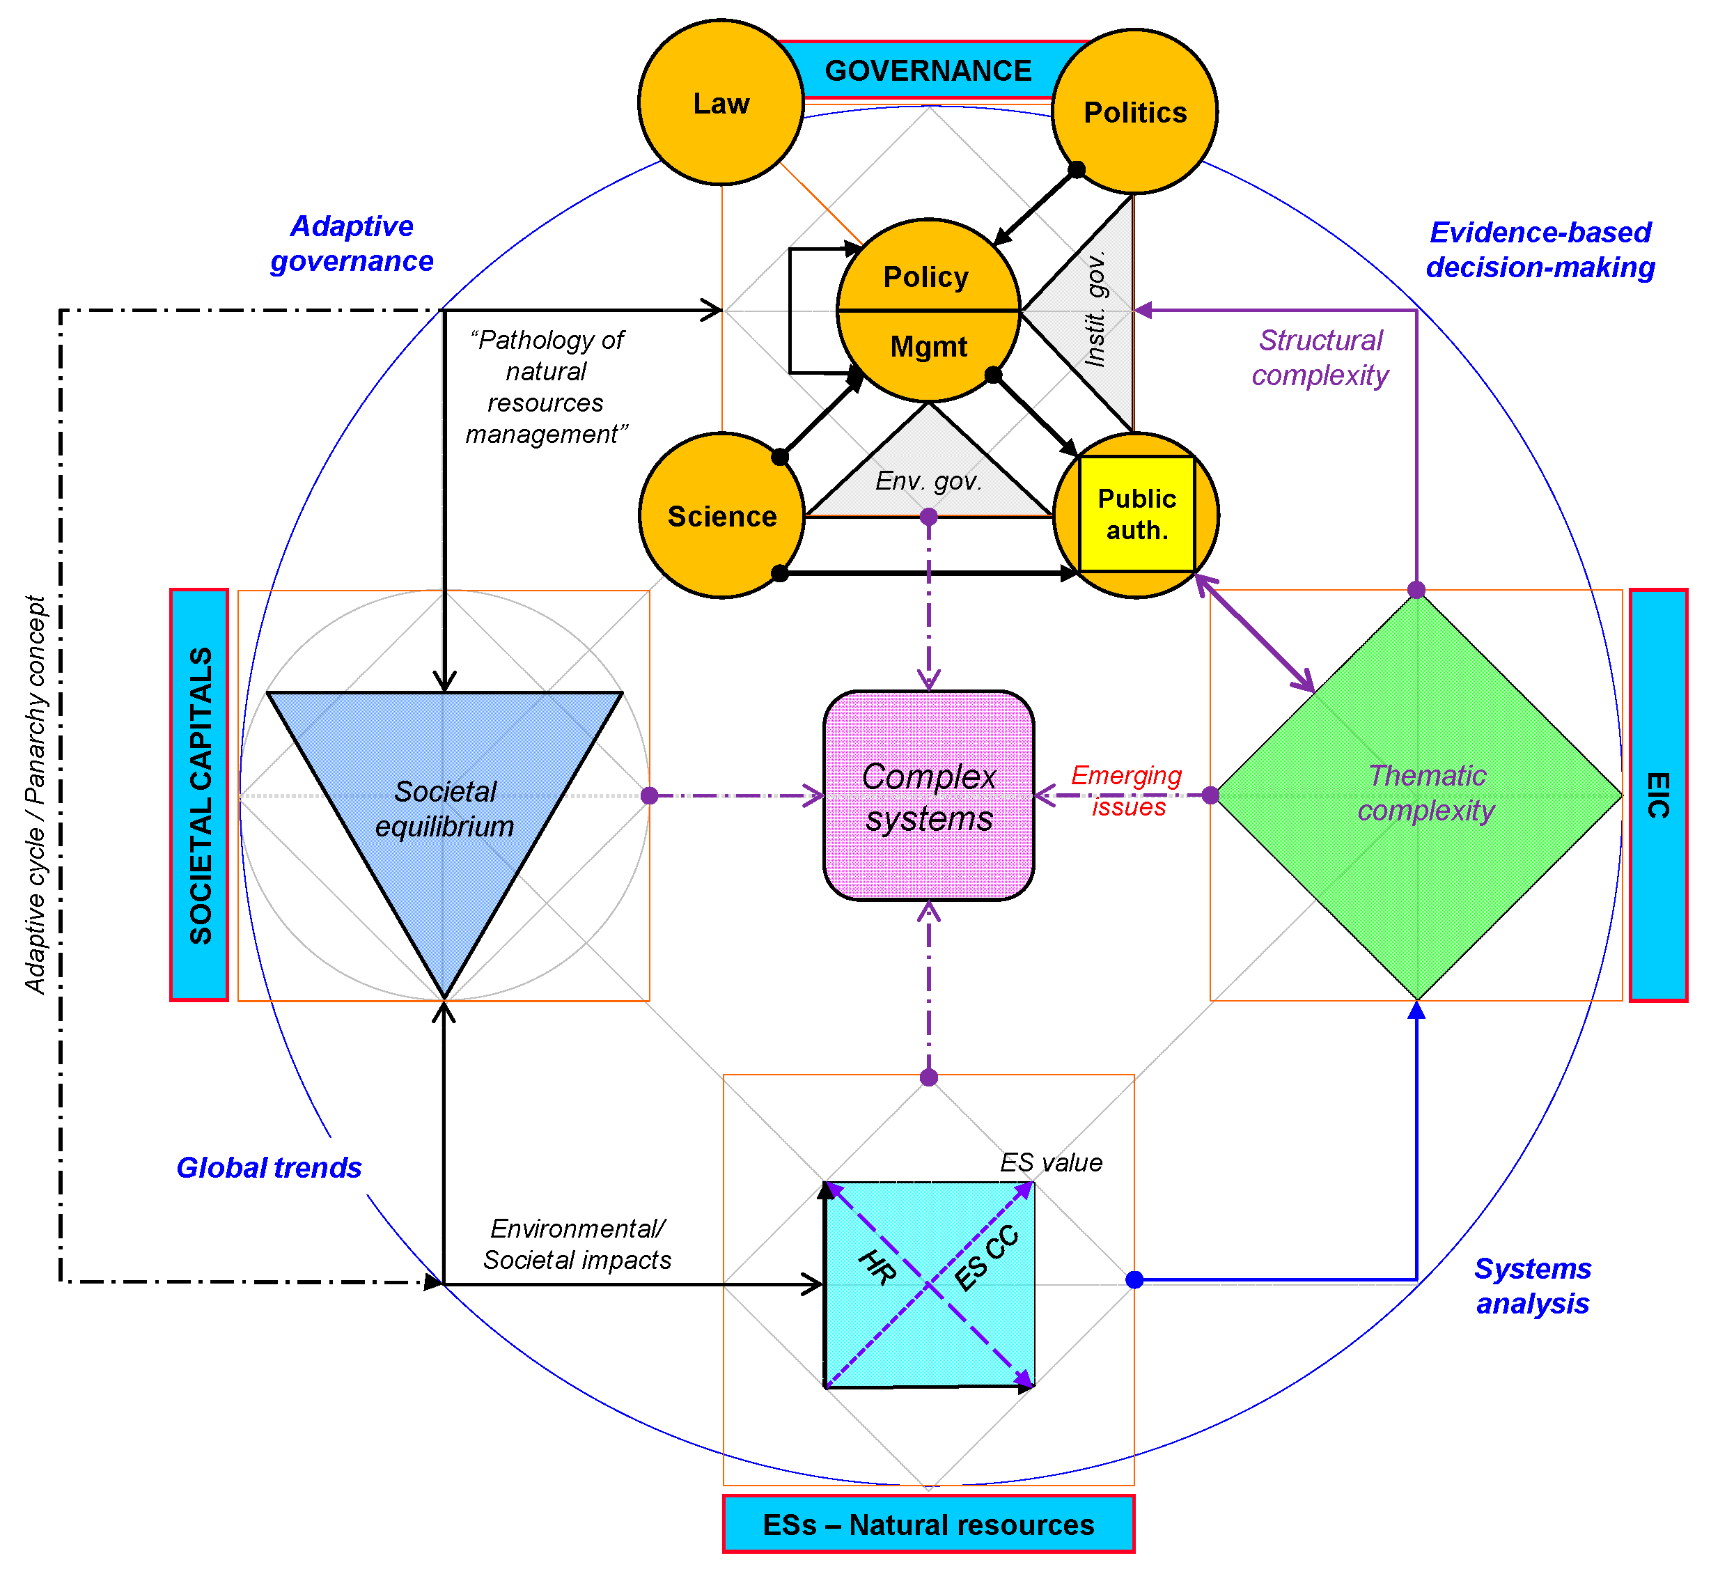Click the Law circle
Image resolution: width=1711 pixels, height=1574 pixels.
click(x=721, y=102)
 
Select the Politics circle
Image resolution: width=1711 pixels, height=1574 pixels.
click(x=1134, y=111)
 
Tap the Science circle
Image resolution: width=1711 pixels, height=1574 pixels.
click(x=721, y=516)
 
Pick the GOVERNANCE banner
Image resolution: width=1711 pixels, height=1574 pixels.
click(x=928, y=71)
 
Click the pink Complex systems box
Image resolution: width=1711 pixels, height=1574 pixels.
click(x=928, y=796)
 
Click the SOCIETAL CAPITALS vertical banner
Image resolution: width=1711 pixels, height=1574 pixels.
click(x=199, y=795)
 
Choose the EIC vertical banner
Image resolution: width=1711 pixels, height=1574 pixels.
click(x=1657, y=795)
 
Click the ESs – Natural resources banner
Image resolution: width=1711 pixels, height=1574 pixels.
click(x=928, y=1525)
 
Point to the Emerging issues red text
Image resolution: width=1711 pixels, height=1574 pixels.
click(x=1126, y=790)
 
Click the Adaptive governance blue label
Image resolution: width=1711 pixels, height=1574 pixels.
click(x=351, y=244)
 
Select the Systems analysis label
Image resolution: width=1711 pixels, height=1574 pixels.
click(x=1532, y=1286)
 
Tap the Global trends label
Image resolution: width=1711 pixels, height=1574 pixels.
click(x=268, y=1168)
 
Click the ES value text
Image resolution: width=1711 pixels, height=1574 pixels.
click(x=1050, y=1162)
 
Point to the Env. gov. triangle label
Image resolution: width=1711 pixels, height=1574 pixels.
click(x=928, y=481)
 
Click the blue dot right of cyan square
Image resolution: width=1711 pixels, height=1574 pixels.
click(x=1134, y=1280)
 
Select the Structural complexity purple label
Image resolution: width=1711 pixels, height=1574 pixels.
click(x=1320, y=358)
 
